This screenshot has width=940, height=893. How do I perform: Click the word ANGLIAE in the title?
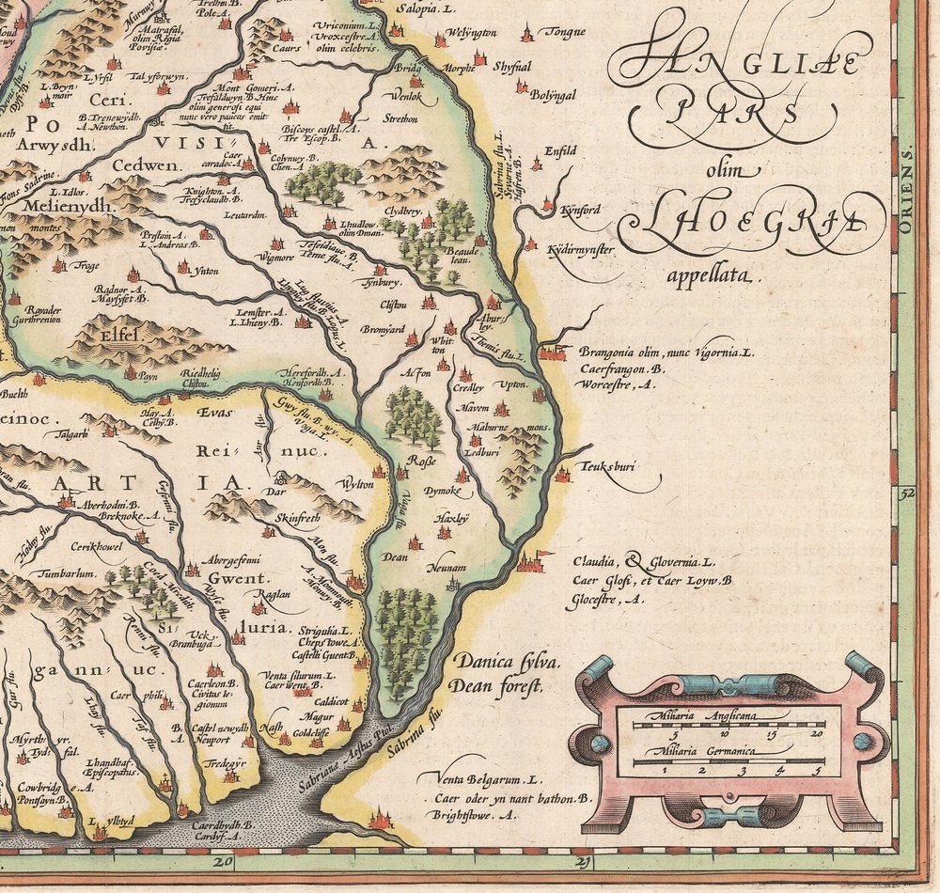tap(743, 64)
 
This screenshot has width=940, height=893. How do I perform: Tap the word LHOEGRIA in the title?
tap(752, 222)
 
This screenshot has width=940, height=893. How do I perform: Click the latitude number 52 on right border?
tap(905, 491)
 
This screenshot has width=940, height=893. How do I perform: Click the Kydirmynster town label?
tap(580, 250)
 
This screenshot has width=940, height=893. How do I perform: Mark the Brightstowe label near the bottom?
tap(477, 816)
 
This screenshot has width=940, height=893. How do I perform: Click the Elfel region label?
tap(118, 331)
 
